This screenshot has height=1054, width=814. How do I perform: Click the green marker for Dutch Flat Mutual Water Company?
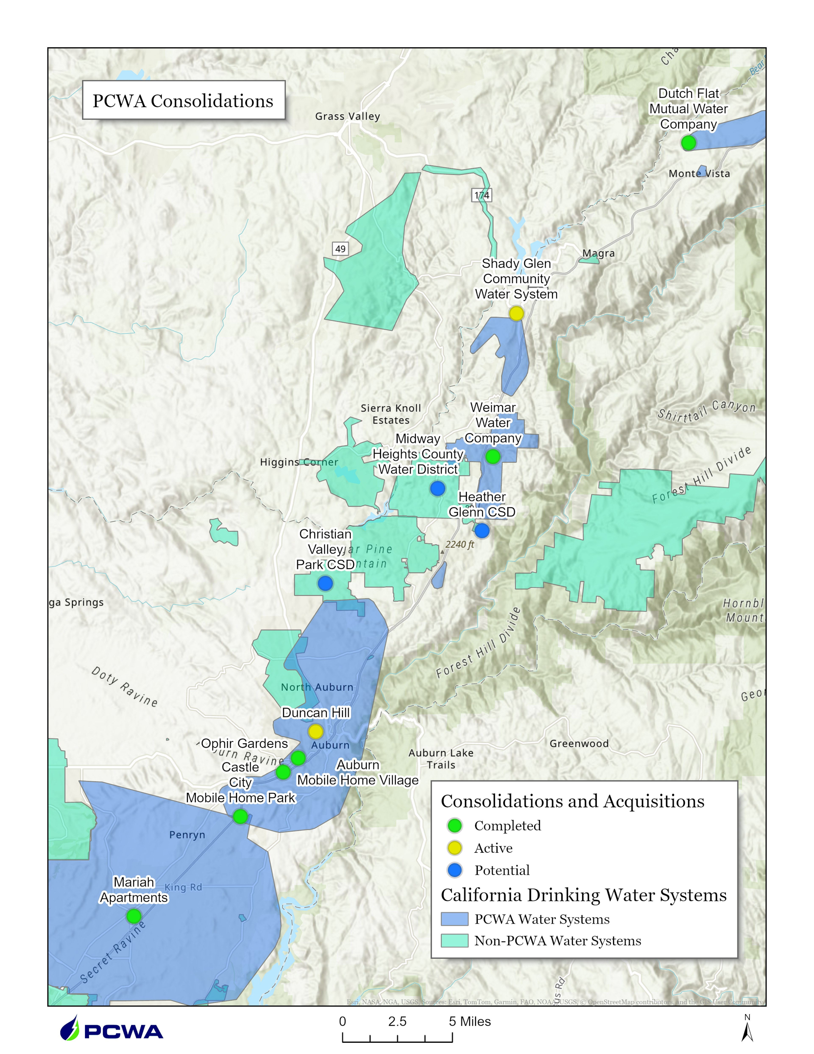click(688, 143)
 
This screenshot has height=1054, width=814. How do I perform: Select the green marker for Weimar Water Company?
click(492, 456)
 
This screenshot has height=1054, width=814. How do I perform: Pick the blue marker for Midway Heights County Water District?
click(437, 488)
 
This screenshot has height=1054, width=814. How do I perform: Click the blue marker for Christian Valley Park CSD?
click(325, 584)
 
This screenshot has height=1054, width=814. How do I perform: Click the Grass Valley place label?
click(347, 116)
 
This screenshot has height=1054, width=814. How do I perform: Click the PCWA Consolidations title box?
click(183, 100)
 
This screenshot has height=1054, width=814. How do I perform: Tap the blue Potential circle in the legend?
click(454, 870)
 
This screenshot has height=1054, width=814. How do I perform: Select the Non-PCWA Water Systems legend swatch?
click(454, 941)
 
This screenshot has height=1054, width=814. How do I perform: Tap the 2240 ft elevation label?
click(460, 544)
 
